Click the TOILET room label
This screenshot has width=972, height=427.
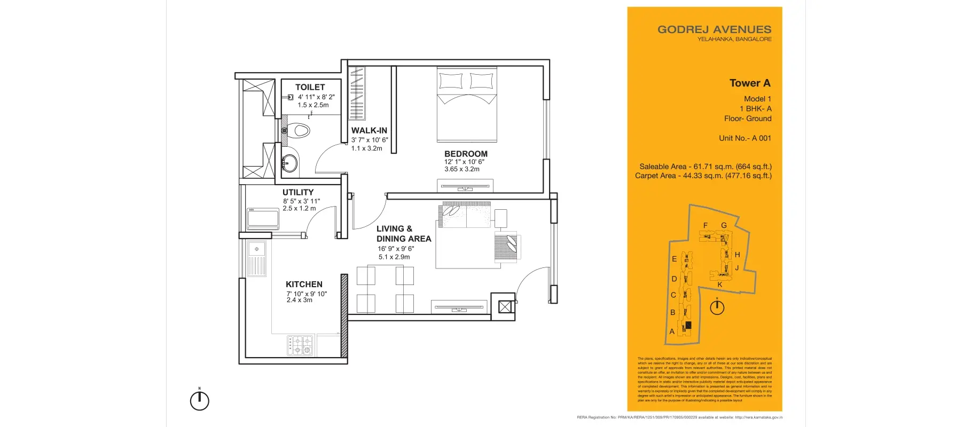coord(310,87)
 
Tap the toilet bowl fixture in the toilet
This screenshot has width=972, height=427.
coord(301,130)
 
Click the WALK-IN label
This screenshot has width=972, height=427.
coord(369,130)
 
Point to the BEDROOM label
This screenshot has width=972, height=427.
coord(466,154)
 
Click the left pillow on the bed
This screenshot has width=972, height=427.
coord(450,81)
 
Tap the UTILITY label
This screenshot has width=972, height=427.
coord(298,192)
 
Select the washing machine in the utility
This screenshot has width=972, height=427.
coord(262,219)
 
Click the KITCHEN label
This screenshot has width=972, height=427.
coord(304,284)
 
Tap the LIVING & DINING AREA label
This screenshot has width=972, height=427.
coord(403,234)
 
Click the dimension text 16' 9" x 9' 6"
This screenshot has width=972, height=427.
coord(396,249)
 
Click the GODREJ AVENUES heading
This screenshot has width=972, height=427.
coord(714,29)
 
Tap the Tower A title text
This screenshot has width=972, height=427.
coord(750,83)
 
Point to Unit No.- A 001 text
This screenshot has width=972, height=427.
coord(744,138)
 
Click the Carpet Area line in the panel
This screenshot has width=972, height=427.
coord(703,176)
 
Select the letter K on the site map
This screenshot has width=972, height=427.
coord(720,284)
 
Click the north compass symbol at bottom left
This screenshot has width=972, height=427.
coord(200,400)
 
